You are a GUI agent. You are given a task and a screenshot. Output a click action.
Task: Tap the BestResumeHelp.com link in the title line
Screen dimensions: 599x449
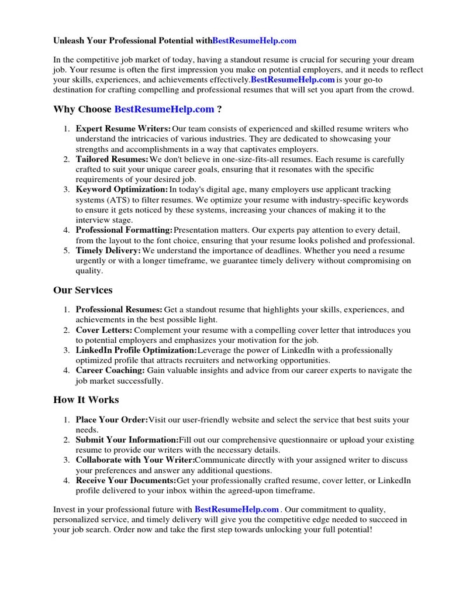(x=254, y=41)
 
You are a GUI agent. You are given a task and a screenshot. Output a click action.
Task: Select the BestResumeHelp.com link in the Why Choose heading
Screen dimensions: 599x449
(x=164, y=109)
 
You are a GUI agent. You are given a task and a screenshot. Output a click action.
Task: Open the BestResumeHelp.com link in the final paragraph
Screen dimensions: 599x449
(x=237, y=510)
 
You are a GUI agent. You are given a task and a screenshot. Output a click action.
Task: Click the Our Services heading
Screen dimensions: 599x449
(x=82, y=290)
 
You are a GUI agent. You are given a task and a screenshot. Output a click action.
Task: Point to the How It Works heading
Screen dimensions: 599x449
(x=86, y=400)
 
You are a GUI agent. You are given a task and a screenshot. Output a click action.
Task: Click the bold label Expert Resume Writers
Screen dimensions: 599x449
(x=123, y=129)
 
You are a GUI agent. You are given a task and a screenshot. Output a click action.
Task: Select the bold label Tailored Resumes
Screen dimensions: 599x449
(x=112, y=159)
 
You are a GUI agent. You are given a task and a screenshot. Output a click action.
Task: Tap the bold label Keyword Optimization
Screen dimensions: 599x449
(x=122, y=190)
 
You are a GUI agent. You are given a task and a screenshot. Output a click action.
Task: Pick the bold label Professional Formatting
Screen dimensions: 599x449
(x=124, y=230)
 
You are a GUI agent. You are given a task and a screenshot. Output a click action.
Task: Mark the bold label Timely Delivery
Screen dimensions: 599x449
(x=108, y=250)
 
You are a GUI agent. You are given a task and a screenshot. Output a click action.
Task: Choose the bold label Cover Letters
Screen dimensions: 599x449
(x=104, y=331)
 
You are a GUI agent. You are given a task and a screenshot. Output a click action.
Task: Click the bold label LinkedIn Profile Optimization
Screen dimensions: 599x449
(x=136, y=350)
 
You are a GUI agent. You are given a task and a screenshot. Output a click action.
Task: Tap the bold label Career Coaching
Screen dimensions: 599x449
(x=110, y=370)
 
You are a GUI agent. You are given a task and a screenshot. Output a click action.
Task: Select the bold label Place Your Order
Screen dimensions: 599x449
(x=111, y=420)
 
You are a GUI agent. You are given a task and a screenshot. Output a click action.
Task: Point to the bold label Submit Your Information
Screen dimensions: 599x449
(x=127, y=440)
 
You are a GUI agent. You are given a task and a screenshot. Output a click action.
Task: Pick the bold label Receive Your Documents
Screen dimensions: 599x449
(x=126, y=480)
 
